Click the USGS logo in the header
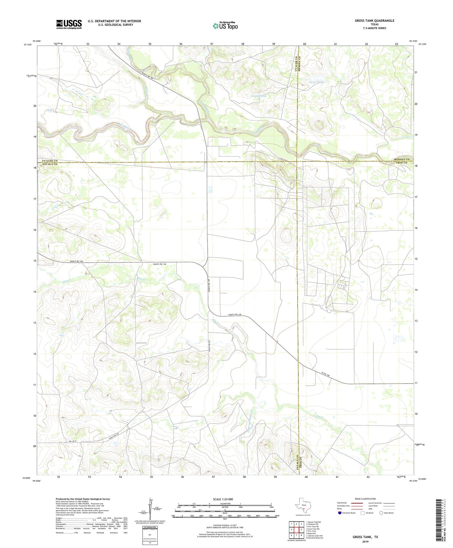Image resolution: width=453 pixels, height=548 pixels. [69, 24]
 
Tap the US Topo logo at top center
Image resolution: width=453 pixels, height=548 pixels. [225, 26]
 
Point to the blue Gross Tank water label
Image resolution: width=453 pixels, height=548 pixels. [316, 82]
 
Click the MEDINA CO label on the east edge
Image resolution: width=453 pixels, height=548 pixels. [401, 159]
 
